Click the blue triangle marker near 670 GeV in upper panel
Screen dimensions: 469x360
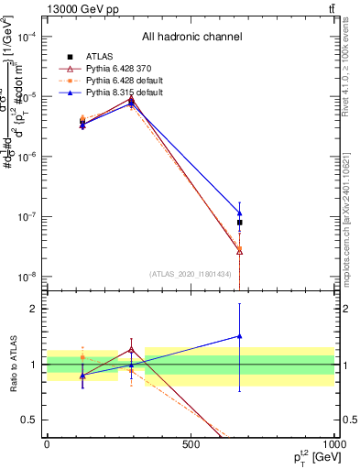(239, 214)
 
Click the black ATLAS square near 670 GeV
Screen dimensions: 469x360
(239, 223)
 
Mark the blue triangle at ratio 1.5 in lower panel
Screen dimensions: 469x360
(239, 336)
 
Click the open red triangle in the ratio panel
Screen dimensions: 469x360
(132, 350)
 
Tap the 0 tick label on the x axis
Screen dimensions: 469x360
(47, 444)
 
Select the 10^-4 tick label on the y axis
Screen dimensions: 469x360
(27, 38)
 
